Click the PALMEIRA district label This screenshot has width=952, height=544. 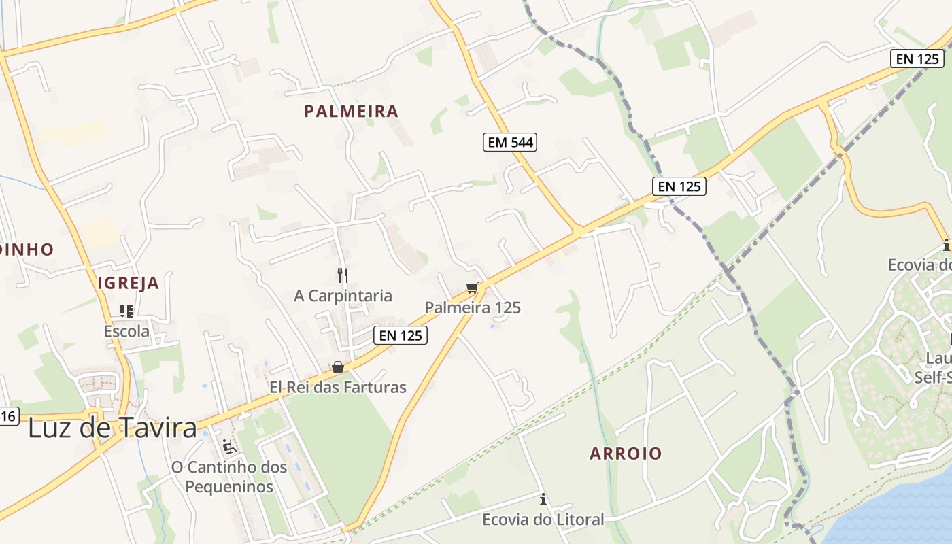point(351,112)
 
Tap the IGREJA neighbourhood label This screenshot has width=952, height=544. point(129,284)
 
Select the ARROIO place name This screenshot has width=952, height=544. point(626,454)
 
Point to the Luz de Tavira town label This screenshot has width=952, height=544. point(113,428)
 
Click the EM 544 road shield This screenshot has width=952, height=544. point(510,142)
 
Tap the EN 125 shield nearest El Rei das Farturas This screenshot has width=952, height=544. point(401,335)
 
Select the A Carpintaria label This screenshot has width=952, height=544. point(343,296)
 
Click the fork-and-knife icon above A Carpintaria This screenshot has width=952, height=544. point(343,275)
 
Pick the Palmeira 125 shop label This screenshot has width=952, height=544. point(473,307)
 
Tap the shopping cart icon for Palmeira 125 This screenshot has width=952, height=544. point(473,288)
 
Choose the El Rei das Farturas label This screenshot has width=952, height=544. point(338,388)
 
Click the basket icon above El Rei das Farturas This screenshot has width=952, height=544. point(338,368)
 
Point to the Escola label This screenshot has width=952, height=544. point(126,332)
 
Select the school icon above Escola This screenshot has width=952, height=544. point(126,311)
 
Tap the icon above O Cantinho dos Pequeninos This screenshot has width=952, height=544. point(229,447)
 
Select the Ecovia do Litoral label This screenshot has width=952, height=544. point(543,520)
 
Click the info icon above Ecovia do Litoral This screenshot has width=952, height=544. point(543,500)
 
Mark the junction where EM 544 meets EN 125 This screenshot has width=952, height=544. point(578,231)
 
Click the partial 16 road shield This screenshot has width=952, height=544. point(8,415)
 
